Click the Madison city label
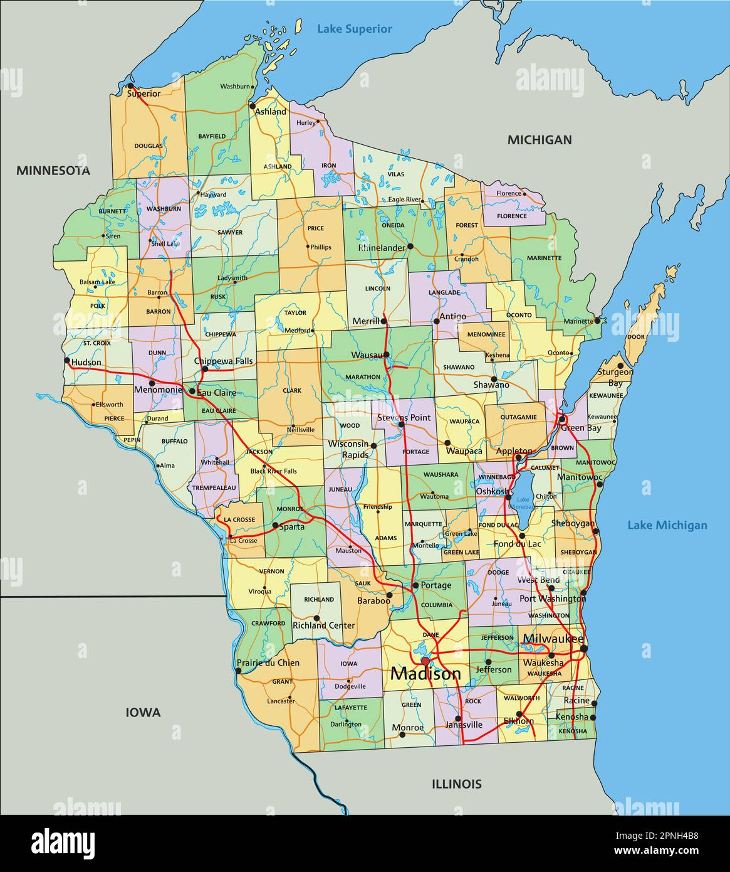[x=425, y=674]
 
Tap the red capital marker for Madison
[x=425, y=661]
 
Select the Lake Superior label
[x=354, y=29]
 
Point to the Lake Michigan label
[x=667, y=526]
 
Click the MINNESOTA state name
[x=53, y=171]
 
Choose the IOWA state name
[x=143, y=713]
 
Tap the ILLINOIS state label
[x=456, y=784]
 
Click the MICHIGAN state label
[x=539, y=140]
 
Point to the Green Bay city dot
[x=563, y=418]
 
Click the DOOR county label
[x=636, y=337]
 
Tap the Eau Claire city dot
[x=192, y=391]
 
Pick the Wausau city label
[x=367, y=355]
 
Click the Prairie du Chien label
[x=268, y=662]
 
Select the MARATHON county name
[x=362, y=377]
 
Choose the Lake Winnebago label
[x=523, y=502]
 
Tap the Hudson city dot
[x=67, y=361]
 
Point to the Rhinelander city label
[x=382, y=248]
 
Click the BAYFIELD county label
[x=212, y=136]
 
